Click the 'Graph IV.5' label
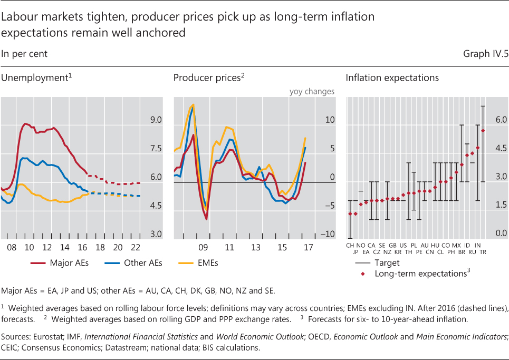[x=485, y=54]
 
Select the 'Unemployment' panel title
[x=36, y=78]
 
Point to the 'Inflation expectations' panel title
[x=392, y=78]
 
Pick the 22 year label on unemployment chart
[x=136, y=247]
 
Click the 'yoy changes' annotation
[x=312, y=91]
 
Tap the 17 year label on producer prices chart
[x=308, y=247]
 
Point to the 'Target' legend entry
[x=387, y=262]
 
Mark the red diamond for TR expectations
[x=483, y=131]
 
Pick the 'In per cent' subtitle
[x=24, y=54]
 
